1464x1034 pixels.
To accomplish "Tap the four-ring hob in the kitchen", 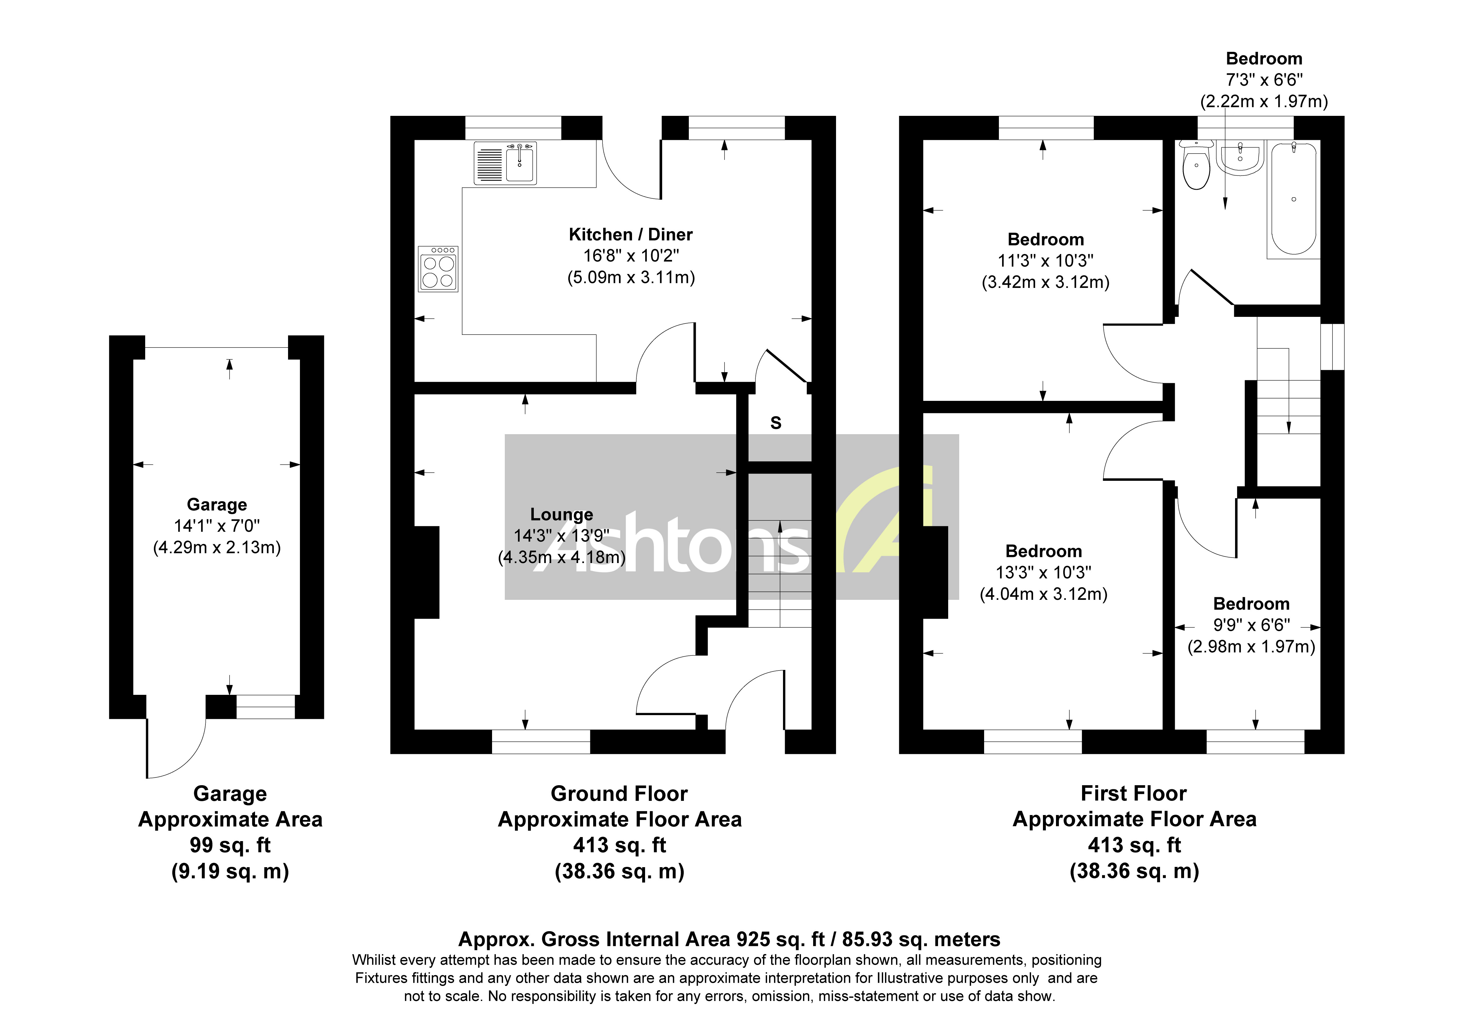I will (x=438, y=269).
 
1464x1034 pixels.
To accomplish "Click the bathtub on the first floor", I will (x=1293, y=199).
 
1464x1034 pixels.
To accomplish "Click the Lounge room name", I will (x=561, y=514).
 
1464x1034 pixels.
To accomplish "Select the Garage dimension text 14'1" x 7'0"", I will (x=217, y=526).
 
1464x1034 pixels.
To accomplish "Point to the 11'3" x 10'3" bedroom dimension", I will (x=1045, y=261).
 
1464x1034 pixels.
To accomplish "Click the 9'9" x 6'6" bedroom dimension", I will (x=1251, y=625).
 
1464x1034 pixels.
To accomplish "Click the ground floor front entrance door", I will (x=752, y=701).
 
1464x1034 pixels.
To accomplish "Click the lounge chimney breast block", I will (x=426, y=572).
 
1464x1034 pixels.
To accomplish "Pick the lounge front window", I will (x=541, y=741).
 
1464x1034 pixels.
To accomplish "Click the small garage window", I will (x=265, y=707).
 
